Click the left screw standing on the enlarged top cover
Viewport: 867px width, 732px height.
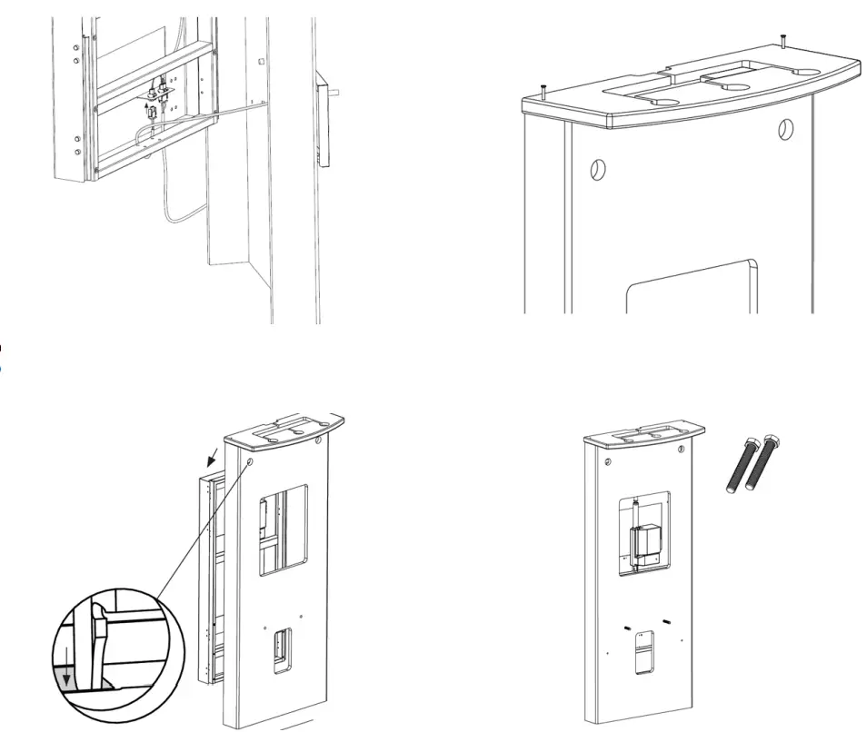point(542,90)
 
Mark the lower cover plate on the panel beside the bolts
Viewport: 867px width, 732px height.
point(643,652)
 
